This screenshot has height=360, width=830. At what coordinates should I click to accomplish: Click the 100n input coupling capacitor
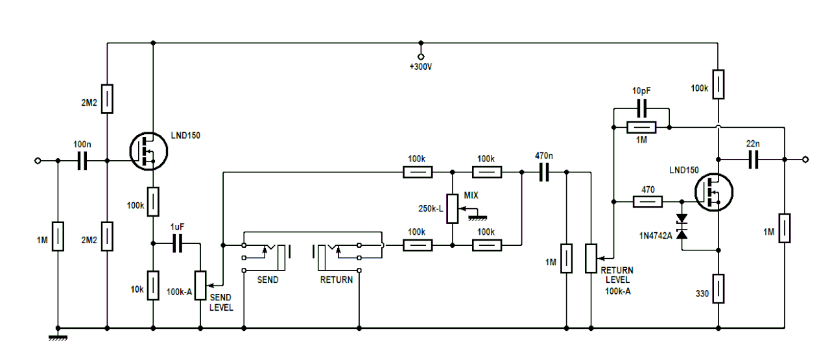tap(82, 160)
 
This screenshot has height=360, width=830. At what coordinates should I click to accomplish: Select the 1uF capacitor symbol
tap(177, 244)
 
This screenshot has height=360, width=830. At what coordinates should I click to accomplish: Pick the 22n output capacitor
tap(753, 160)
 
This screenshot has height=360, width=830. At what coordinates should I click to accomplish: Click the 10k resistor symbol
tap(153, 285)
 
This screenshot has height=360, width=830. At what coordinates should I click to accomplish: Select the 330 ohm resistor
tap(718, 289)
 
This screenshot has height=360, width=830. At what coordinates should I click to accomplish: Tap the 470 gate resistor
tap(647, 202)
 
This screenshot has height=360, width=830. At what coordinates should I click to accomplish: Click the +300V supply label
tap(420, 67)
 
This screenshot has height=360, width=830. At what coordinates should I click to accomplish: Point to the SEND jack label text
tap(268, 280)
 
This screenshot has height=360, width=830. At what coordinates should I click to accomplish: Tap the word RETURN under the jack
tap(337, 280)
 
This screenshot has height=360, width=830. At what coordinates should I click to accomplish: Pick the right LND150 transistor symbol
tap(713, 193)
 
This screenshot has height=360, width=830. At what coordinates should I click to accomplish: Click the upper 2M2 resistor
tap(107, 99)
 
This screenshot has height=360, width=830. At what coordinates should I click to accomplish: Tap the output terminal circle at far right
tap(805, 160)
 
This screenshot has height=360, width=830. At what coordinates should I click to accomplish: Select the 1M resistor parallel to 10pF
tap(642, 128)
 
